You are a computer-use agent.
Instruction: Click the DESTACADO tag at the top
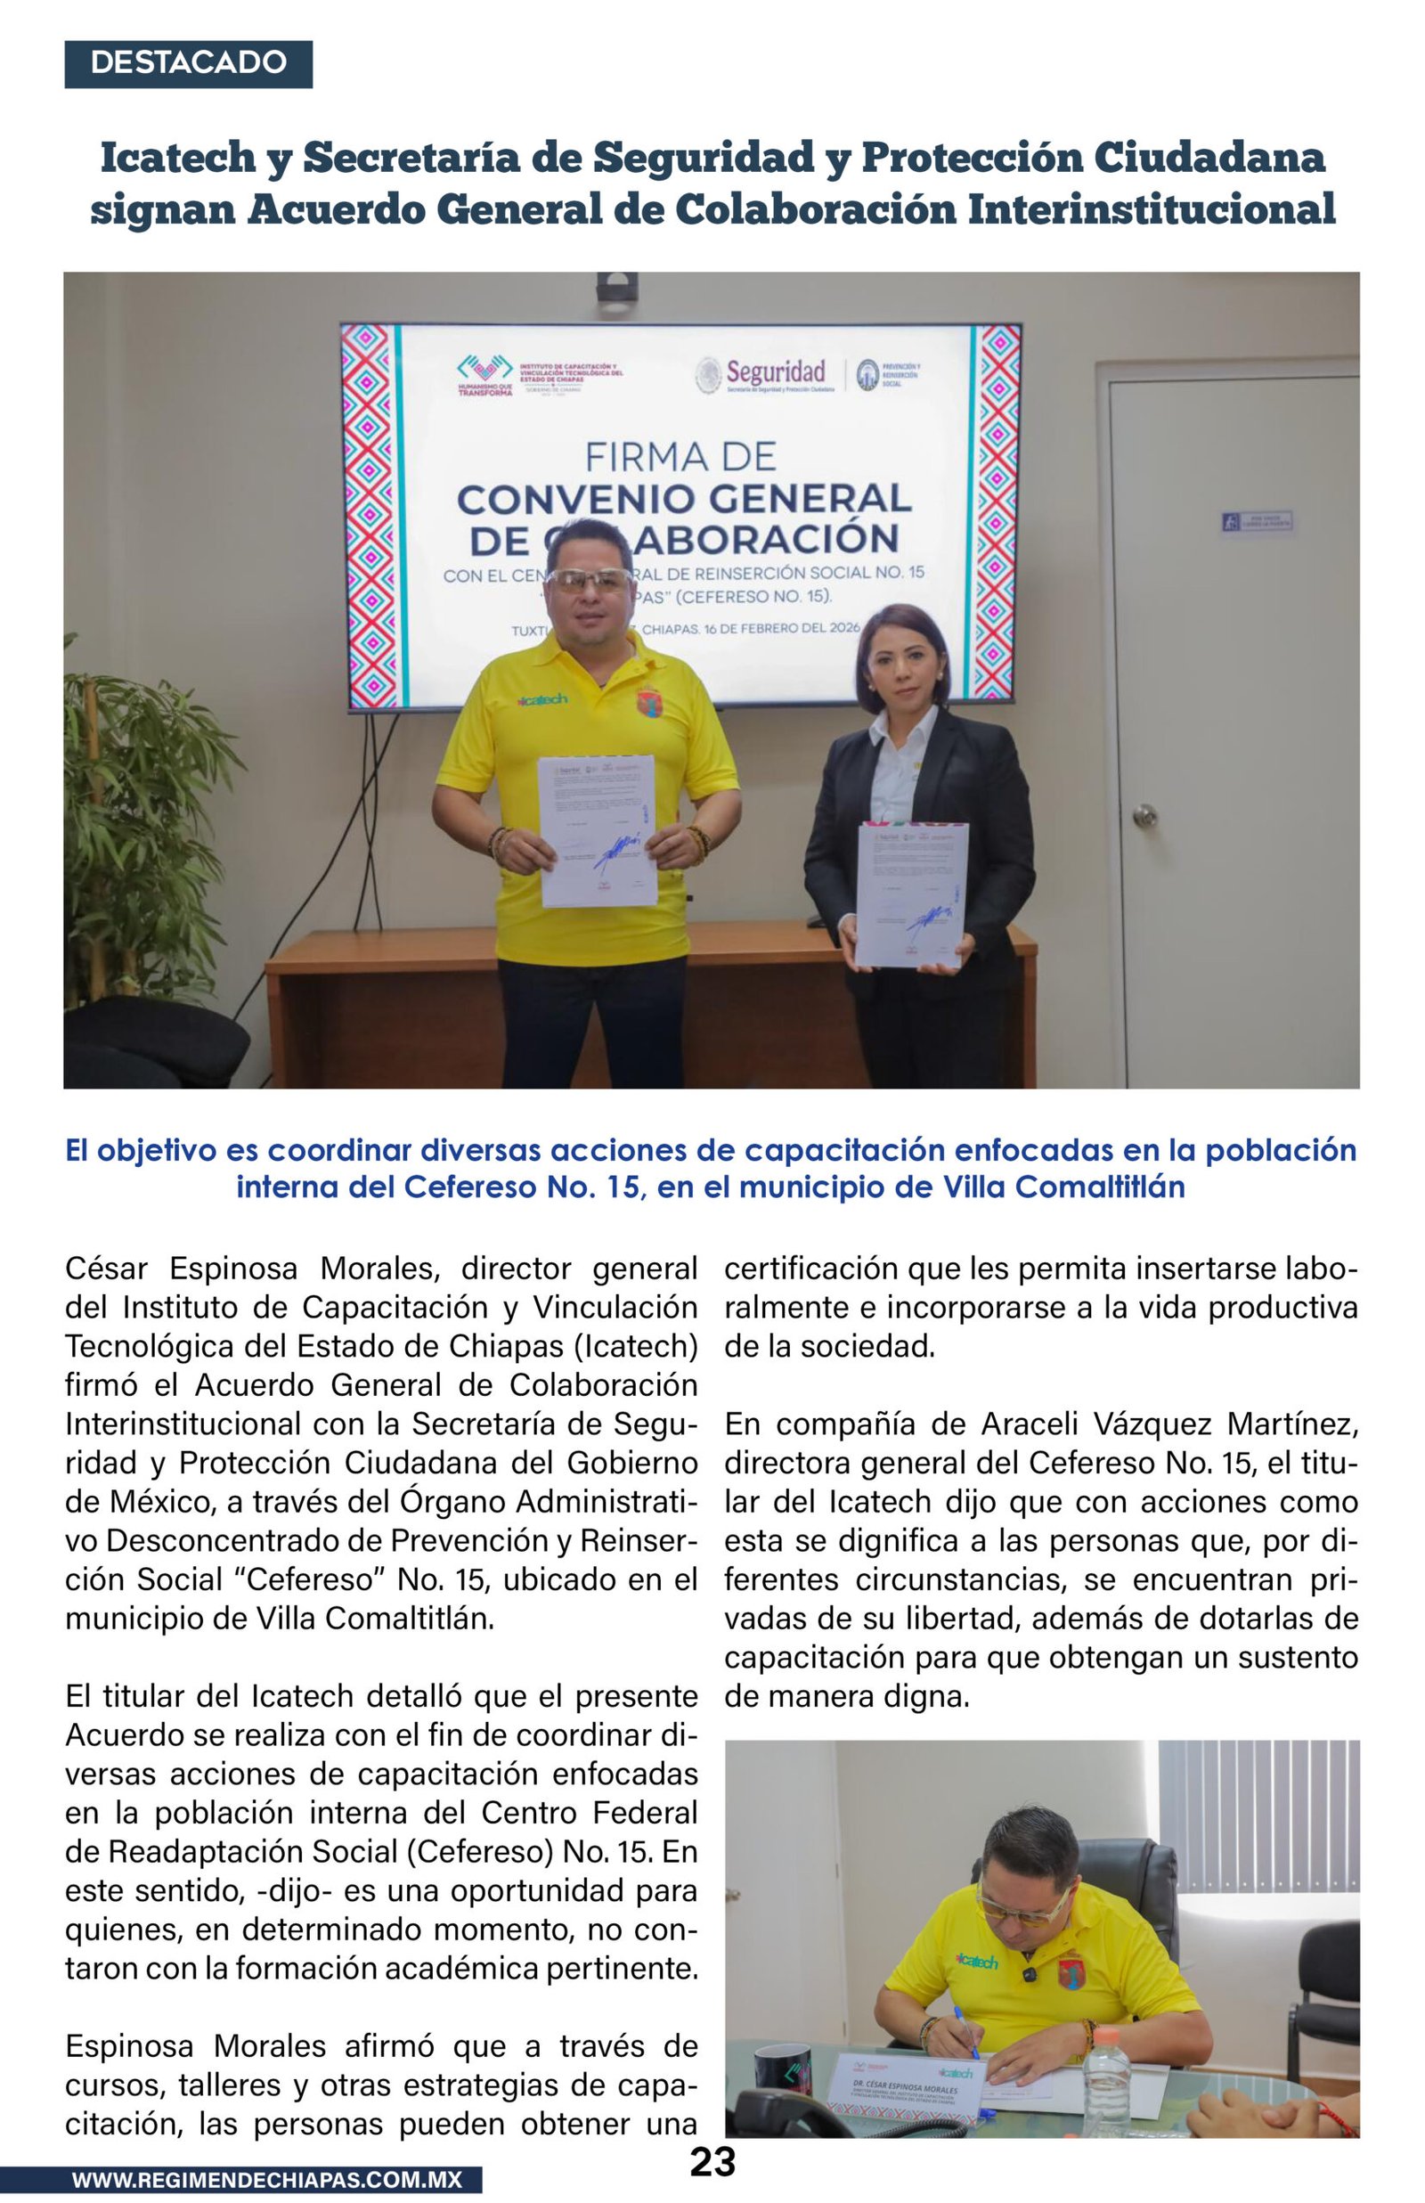point(188,64)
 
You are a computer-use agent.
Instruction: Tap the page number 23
point(712,2162)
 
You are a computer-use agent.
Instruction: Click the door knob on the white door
point(1145,814)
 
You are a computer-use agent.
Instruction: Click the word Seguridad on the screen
point(776,373)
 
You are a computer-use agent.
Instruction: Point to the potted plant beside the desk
point(134,814)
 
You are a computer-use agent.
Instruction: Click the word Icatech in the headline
point(177,158)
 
